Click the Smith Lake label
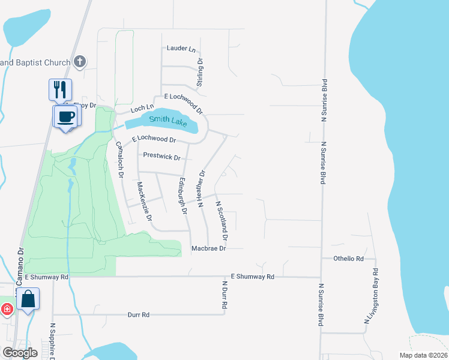[x=169, y=120]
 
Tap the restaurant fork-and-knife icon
[x=60, y=89]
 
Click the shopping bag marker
[x=28, y=298]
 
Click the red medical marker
[x=7, y=310]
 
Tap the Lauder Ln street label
[x=181, y=48]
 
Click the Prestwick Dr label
[x=161, y=157]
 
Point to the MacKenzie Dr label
[x=145, y=200]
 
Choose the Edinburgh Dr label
[x=182, y=196]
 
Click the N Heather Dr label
[x=202, y=188]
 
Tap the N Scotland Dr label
[x=221, y=217]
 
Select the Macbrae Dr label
[x=208, y=248]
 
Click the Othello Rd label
[x=349, y=259]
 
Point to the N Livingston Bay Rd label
[x=372, y=296]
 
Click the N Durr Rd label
[x=225, y=295]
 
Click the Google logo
[x=20, y=353]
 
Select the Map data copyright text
[x=423, y=355]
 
